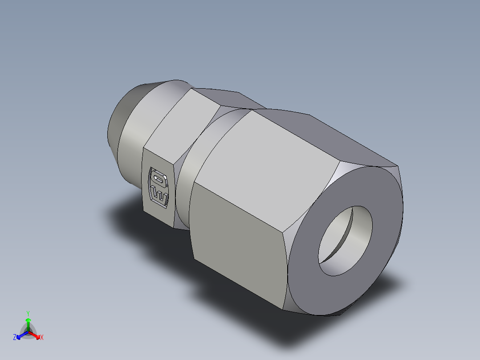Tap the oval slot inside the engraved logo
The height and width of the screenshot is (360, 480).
coord(158,179)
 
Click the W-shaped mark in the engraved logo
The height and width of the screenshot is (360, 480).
coord(160,196)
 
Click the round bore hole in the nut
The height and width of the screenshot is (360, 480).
coord(345,241)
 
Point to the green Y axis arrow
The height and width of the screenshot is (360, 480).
coord(28,322)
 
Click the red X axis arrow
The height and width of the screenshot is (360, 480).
coord(36,335)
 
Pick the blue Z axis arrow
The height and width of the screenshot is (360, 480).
coord(20,335)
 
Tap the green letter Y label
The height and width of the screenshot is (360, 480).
coord(28,313)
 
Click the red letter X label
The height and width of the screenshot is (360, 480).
coord(42,338)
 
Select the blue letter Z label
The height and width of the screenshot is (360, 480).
coord(15,338)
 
